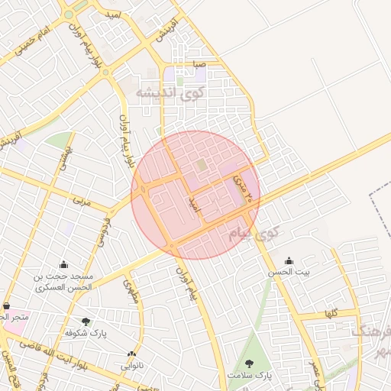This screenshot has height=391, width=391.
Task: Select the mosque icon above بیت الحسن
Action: pyautogui.click(x=288, y=260)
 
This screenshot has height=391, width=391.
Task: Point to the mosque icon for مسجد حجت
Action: pyautogui.click(x=63, y=264)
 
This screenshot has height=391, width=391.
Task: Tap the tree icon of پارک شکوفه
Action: pyautogui.click(x=85, y=322)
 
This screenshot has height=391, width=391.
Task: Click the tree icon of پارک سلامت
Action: pyautogui.click(x=249, y=364)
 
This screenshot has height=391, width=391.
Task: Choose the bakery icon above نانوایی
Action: pyautogui.click(x=131, y=354)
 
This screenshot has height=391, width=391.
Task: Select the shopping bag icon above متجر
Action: pyautogui.click(x=6, y=305)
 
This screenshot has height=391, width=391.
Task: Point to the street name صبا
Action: pyautogui.click(x=199, y=65)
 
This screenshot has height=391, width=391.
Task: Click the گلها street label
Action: pyautogui.click(x=330, y=313)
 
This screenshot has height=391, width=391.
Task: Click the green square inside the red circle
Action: pyautogui.click(x=200, y=165)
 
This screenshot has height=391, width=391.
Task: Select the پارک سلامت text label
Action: pyautogui.click(x=249, y=376)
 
